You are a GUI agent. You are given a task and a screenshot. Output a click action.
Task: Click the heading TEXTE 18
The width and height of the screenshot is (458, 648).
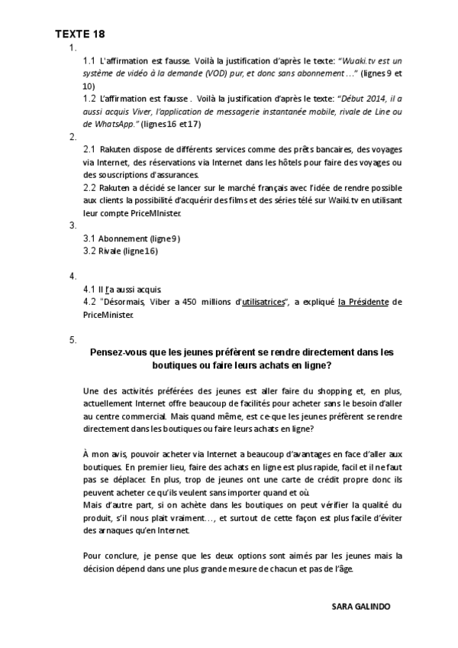point(80,34)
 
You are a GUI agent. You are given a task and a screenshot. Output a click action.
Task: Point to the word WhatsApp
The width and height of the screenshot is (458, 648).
point(115,123)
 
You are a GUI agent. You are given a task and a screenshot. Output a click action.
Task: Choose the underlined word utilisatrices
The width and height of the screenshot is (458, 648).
point(263,303)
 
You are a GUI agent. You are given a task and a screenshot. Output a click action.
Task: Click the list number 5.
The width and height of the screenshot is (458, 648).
point(73,339)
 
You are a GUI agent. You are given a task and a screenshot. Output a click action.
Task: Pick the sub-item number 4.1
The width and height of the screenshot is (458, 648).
point(89,290)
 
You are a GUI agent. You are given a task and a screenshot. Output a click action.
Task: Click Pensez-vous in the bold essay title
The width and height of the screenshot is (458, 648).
point(116,352)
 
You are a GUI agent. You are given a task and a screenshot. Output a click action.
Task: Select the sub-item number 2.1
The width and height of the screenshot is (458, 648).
point(89,149)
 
